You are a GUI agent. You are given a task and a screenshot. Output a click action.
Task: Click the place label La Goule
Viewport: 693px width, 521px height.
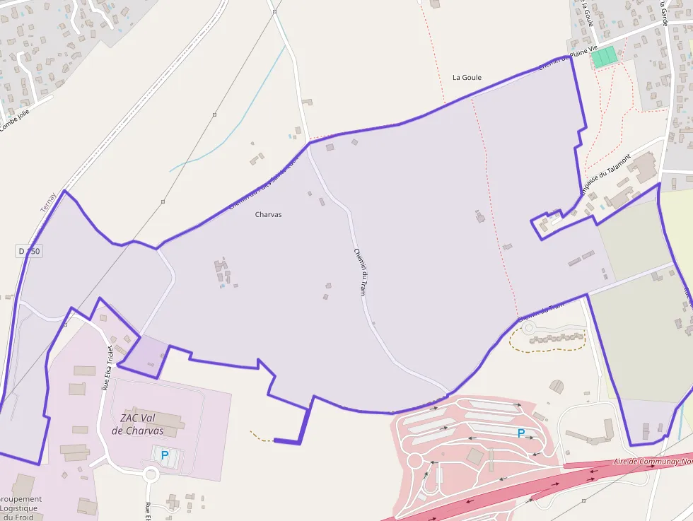(x=467, y=77)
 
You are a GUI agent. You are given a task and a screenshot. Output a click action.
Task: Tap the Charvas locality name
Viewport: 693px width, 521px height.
(x=268, y=214)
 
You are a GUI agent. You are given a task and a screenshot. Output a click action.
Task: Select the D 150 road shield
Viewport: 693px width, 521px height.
(x=29, y=251)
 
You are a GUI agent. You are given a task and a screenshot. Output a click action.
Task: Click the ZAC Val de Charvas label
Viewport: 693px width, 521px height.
(x=137, y=423)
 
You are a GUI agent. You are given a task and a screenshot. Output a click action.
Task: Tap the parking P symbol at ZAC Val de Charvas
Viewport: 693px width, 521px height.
(x=165, y=456)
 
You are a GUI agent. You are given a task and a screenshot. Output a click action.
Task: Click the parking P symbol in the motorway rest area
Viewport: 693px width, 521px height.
(x=521, y=433)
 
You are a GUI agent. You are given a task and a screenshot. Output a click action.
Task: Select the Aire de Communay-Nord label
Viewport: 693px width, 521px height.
(x=651, y=462)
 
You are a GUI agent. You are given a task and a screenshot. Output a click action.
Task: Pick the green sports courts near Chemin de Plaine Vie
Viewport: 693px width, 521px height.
(x=604, y=57)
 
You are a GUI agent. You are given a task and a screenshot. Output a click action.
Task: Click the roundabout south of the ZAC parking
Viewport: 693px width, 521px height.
(x=150, y=474)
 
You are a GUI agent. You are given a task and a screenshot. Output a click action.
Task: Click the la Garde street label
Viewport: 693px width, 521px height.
(x=663, y=12)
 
